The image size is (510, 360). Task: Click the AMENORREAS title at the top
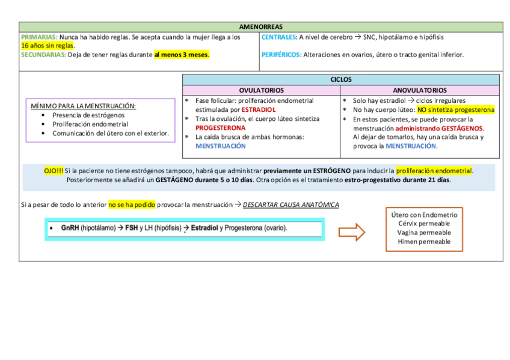(261, 27)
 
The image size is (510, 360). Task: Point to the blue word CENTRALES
(278, 37)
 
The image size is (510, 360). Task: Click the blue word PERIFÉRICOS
(281, 55)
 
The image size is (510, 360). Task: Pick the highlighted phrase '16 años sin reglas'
(48, 45)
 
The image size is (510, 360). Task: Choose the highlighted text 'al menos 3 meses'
(181, 55)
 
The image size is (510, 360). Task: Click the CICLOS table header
(340, 79)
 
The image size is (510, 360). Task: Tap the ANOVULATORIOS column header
(419, 90)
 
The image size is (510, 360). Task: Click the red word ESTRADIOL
(259, 110)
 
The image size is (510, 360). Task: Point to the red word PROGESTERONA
(220, 128)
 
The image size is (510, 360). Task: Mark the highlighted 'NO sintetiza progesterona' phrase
(456, 110)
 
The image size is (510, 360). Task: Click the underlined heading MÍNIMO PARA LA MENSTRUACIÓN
(83, 106)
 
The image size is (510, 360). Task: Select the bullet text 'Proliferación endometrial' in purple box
(90, 124)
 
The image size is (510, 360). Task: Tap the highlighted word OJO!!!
(54, 171)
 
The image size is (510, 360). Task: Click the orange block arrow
(352, 231)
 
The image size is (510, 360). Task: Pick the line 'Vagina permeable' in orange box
(424, 233)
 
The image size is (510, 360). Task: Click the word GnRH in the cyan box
(70, 228)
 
